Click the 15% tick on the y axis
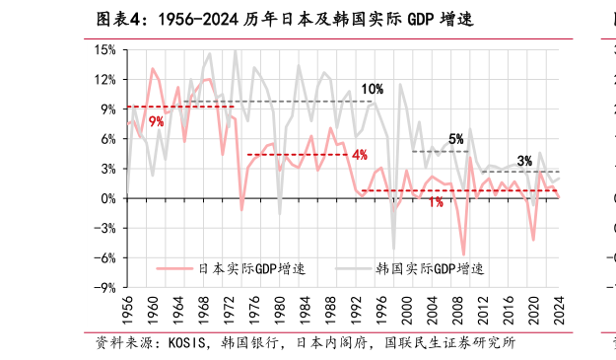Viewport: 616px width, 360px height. (104, 49)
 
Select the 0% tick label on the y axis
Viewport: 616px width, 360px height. (107, 198)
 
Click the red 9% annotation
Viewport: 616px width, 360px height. (156, 121)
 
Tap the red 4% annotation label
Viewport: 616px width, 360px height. (359, 154)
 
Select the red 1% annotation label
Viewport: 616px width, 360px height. (435, 202)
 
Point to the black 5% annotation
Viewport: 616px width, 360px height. (455, 139)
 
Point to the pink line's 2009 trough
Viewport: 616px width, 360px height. (463, 255)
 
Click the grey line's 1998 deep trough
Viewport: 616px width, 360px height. (393, 250)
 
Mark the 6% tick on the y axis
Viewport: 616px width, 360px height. (107, 139)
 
